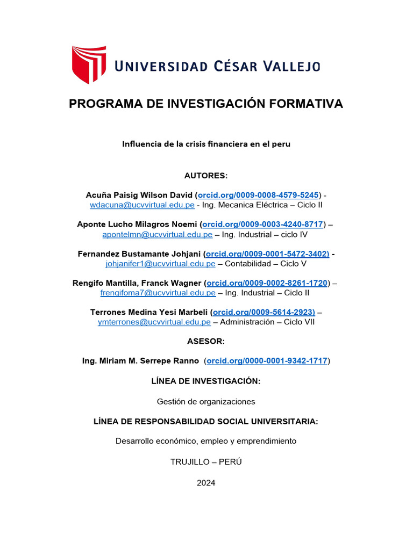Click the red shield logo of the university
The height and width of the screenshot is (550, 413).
[89, 64]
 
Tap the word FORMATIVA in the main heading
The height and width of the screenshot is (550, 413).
[304, 104]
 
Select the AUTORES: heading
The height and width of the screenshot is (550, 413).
[206, 176]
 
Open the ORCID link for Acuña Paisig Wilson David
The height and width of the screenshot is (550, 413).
[259, 194]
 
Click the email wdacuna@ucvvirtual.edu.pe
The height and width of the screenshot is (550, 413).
[142, 205]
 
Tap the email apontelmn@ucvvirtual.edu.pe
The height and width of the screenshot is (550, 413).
[158, 234]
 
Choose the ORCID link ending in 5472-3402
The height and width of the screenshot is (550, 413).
[267, 254]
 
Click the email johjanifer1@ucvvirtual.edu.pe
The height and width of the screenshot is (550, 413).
[161, 263]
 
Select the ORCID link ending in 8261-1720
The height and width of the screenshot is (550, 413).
[267, 283]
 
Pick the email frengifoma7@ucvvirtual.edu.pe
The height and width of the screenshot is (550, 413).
[158, 293]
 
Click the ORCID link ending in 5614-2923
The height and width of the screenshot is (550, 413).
[264, 312]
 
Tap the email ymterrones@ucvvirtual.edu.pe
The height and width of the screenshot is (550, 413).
[154, 322]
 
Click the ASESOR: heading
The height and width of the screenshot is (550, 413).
[206, 341]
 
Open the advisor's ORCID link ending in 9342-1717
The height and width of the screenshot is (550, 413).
[267, 361]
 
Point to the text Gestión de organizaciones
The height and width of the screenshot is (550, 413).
[206, 401]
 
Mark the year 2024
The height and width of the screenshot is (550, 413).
[206, 483]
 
